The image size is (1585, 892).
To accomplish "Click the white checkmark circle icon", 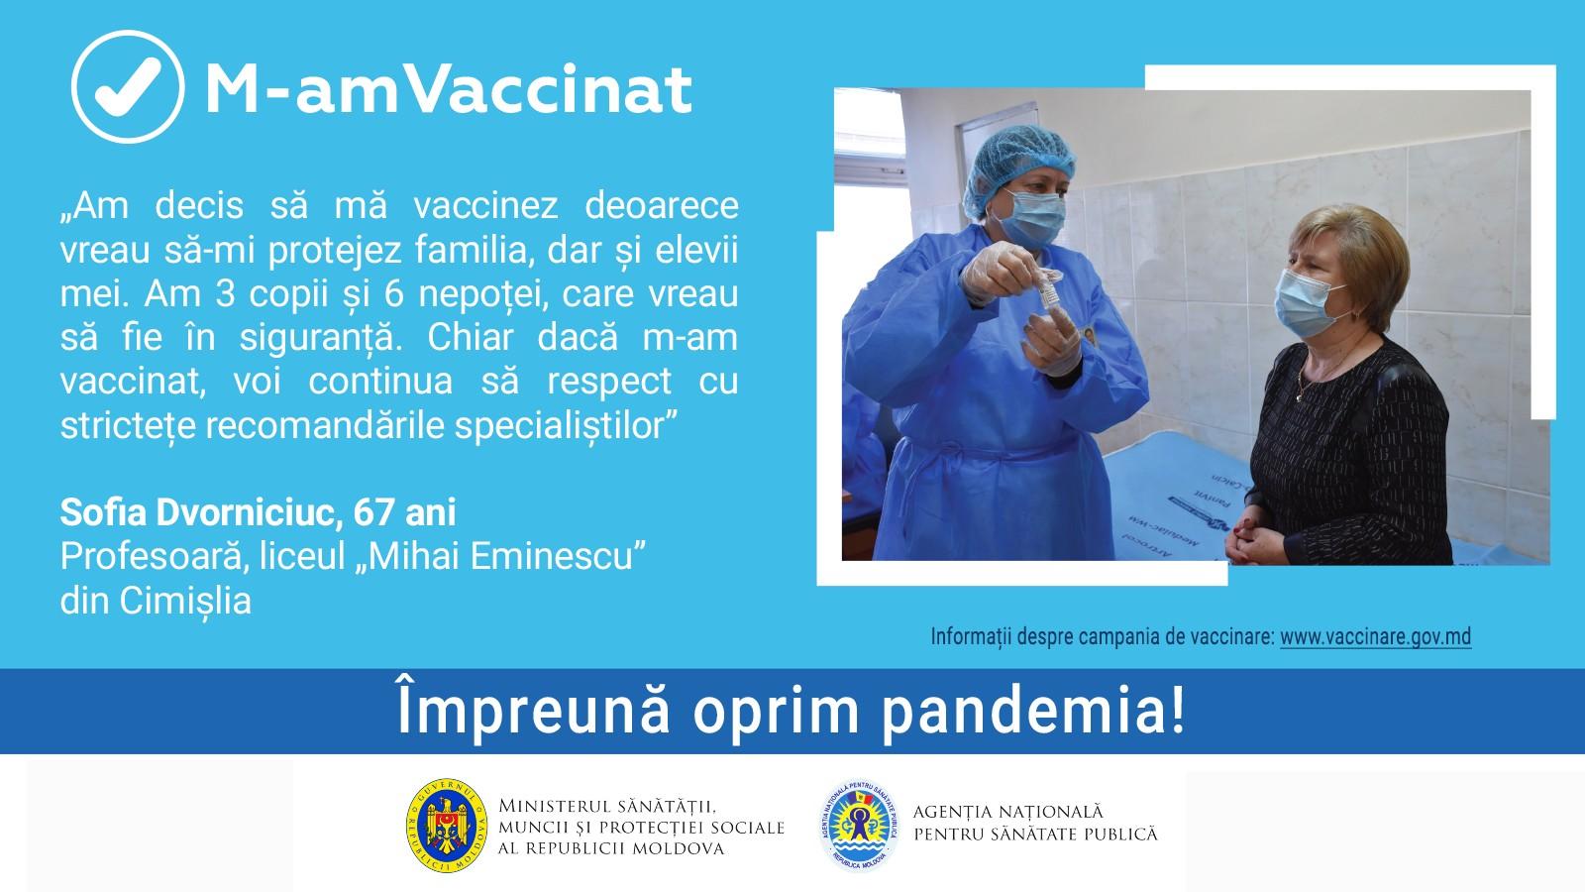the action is coord(128,86).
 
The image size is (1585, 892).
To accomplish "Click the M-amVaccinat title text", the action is coord(448,90).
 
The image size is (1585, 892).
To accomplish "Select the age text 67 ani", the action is coord(405,512).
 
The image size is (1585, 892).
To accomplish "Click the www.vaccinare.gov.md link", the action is coord(1376,637).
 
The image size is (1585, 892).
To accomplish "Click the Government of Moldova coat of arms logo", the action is coord(447,826).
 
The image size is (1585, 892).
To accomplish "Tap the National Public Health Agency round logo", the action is coord(859,826).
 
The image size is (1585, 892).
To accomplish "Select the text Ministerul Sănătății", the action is coord(607,807).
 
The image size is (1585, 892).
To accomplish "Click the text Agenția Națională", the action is coord(1007,812).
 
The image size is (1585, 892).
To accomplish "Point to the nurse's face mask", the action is coord(1033,217).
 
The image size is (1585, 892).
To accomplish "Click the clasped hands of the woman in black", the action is coord(1254,541).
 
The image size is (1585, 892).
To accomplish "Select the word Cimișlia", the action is coord(185,602).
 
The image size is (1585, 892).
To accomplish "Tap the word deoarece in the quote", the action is coord(662,206).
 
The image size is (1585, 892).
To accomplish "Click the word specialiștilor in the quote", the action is coord(566,426).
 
